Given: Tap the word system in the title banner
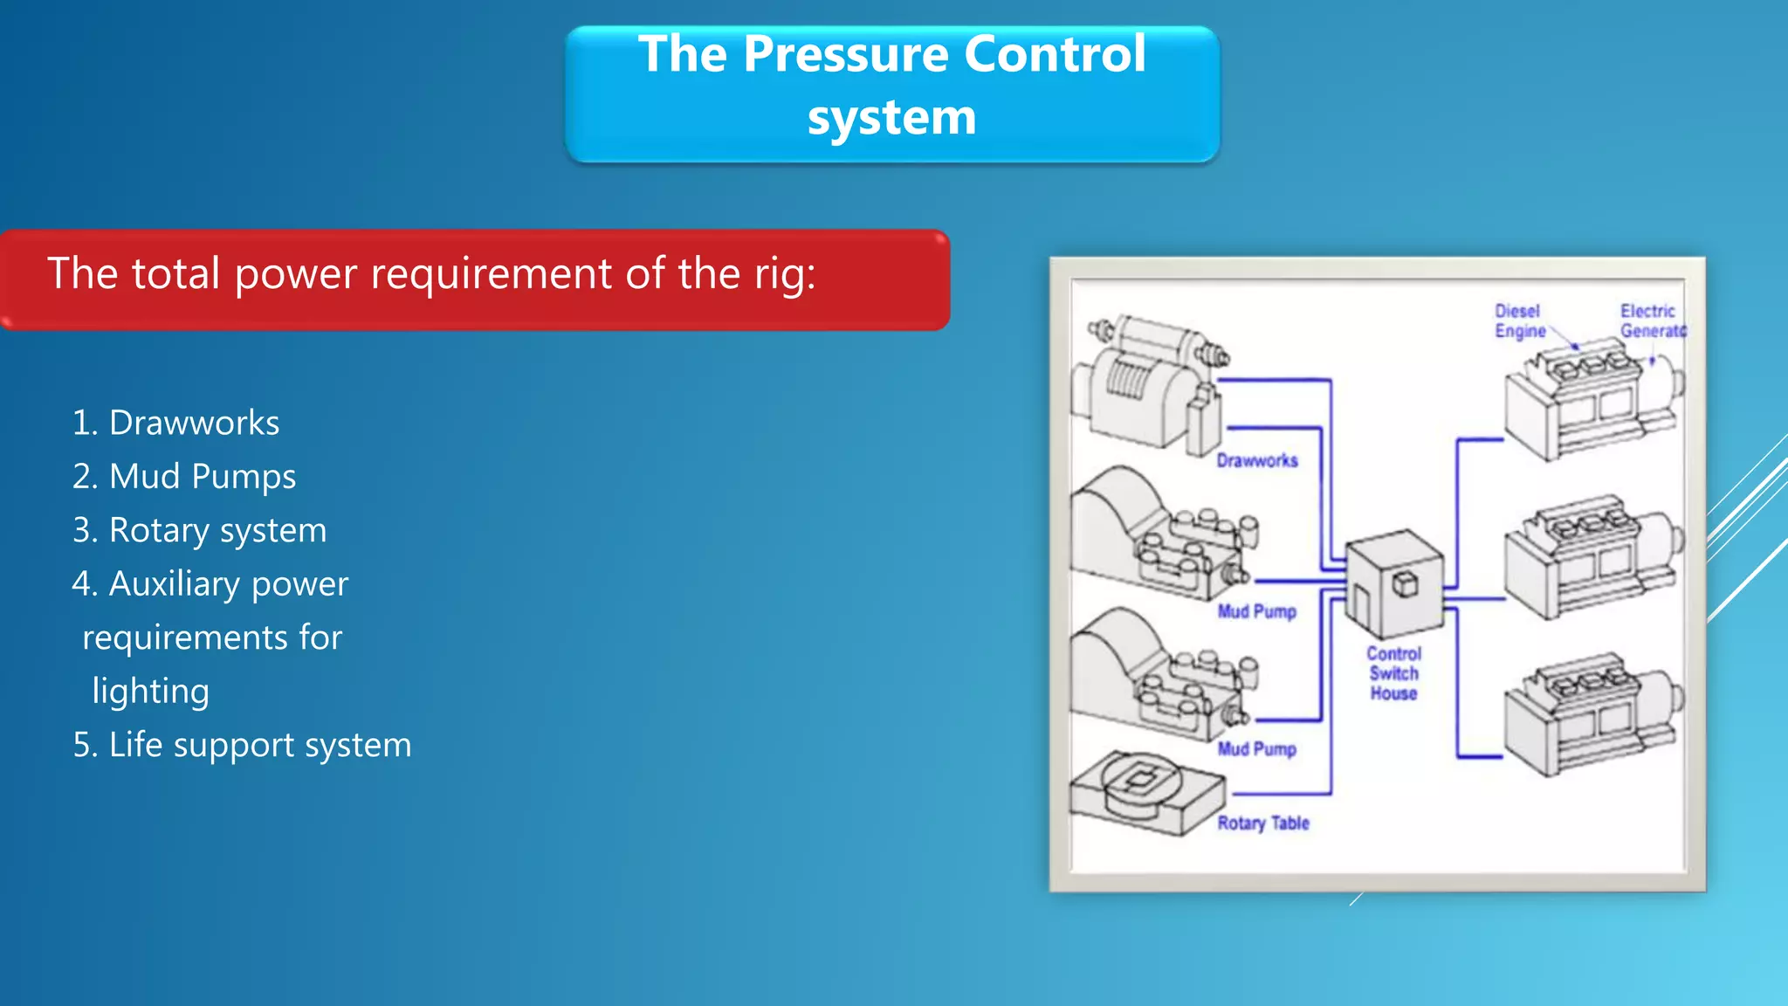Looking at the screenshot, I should [891, 117].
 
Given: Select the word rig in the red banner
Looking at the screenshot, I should [782, 274].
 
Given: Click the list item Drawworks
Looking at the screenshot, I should [194, 423].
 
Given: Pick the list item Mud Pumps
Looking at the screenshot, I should [202, 477].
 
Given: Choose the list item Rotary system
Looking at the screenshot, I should [217, 531].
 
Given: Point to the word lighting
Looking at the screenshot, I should [150, 692].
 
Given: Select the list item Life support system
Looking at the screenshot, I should [259, 745].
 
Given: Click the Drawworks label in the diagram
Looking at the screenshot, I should [1256, 460].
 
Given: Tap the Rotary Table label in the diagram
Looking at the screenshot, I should [1262, 823].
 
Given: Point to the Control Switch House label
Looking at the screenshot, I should [1393, 673].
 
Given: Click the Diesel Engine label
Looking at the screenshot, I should [1519, 321].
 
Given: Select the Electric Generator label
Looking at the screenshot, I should [1651, 321].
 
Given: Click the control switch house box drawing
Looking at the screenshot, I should [1393, 583].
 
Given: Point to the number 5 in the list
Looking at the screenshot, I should [83, 745].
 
